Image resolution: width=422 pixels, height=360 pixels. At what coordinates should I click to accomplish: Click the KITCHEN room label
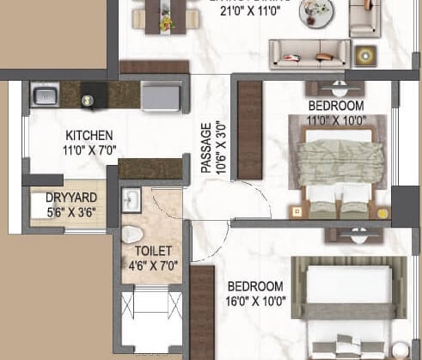tap(89, 135)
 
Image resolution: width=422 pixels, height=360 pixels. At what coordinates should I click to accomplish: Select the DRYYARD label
tap(65, 197)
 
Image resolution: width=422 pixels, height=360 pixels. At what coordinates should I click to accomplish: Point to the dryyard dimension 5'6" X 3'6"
tap(65, 211)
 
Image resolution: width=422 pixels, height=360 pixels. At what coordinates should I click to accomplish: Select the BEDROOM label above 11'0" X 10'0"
tap(336, 106)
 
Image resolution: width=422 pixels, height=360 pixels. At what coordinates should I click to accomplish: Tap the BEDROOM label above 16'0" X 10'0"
tap(255, 286)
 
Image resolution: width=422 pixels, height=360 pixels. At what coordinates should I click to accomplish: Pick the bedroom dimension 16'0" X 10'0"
tap(255, 300)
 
